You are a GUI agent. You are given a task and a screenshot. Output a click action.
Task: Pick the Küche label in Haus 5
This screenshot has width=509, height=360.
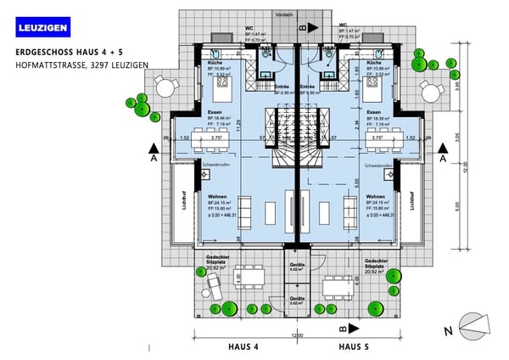372,63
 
